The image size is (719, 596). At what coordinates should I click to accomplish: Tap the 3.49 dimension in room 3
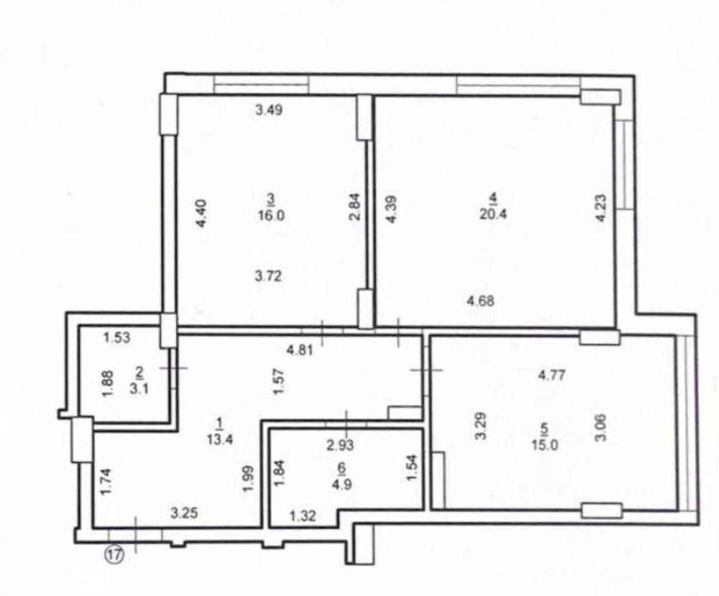269,110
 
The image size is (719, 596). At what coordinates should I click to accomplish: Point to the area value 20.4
493,214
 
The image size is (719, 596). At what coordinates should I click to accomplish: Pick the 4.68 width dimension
480,302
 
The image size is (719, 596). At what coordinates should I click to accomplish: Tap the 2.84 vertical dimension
355,207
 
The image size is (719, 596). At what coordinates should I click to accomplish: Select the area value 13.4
221,439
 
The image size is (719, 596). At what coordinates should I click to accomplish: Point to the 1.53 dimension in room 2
116,338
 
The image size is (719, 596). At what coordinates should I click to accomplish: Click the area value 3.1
138,390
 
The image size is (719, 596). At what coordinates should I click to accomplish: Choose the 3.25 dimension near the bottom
184,513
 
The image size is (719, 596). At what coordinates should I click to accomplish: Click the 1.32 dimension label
303,516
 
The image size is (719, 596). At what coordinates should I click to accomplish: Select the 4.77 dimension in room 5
551,375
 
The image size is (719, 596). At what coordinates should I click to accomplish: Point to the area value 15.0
544,445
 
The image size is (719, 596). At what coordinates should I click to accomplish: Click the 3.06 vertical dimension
601,427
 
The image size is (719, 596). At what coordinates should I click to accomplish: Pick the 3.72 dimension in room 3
268,277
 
